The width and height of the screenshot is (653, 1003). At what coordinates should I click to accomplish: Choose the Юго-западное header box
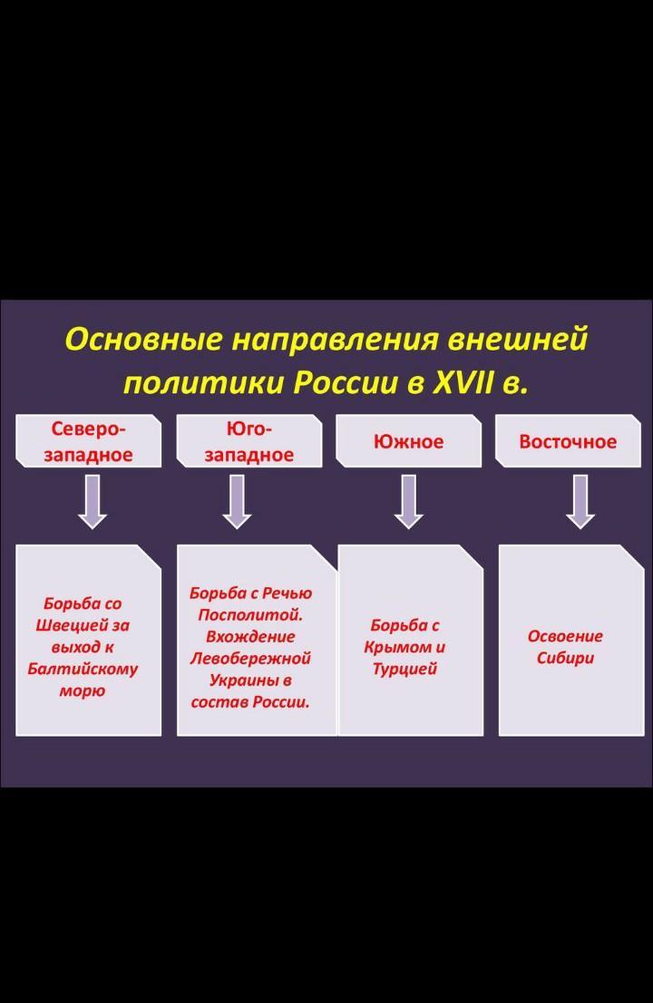(x=249, y=441)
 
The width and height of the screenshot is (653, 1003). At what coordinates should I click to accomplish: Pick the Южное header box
(x=409, y=441)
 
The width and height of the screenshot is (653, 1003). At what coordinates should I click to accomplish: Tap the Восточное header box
(x=568, y=441)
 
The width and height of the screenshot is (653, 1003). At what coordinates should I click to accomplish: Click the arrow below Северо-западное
(x=92, y=501)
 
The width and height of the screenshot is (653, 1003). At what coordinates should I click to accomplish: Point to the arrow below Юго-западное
(x=238, y=501)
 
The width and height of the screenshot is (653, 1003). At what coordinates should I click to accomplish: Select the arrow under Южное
(x=409, y=501)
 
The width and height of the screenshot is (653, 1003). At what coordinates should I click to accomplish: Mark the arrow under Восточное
(x=580, y=501)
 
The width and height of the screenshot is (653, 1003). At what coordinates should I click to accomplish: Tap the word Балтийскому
(x=83, y=670)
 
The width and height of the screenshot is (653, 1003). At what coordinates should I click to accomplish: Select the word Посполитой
(x=250, y=614)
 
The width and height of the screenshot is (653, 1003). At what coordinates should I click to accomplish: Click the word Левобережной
(x=250, y=659)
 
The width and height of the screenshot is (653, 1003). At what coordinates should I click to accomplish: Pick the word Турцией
(x=404, y=670)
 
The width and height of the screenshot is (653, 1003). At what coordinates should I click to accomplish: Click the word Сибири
(x=565, y=658)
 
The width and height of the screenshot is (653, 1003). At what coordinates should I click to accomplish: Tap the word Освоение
(x=565, y=636)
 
